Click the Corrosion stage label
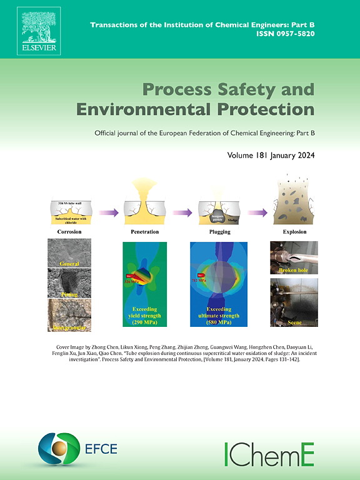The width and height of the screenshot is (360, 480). [69, 232]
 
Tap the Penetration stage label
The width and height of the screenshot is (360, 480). [144, 232]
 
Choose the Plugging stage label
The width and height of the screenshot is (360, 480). [219, 232]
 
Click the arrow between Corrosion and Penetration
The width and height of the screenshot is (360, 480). [107, 212]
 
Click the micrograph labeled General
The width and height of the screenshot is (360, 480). [69, 253]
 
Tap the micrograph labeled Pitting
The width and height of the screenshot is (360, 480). [69, 283]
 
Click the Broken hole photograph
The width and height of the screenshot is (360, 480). [294, 258]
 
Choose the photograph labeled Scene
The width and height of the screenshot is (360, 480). [294, 303]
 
